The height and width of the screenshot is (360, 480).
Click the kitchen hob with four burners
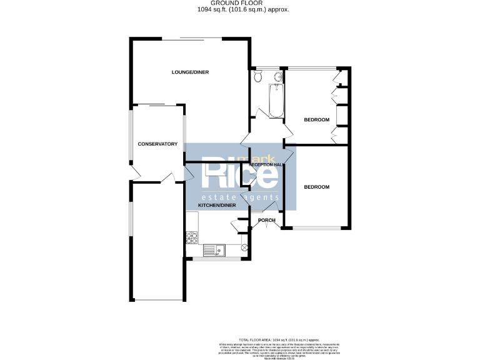(192, 237)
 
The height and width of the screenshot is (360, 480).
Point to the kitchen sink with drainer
(217, 249)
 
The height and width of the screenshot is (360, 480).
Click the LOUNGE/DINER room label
(191, 72)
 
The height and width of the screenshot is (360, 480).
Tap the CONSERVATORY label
(157, 144)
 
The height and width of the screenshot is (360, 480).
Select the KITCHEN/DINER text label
(216, 205)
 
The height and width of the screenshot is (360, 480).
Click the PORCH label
(267, 220)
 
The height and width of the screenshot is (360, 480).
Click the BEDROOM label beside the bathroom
(316, 119)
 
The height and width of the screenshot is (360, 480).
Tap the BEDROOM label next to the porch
(316, 186)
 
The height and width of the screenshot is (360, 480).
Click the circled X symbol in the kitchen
(244, 248)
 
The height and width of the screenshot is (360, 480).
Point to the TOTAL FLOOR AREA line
(239, 337)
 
